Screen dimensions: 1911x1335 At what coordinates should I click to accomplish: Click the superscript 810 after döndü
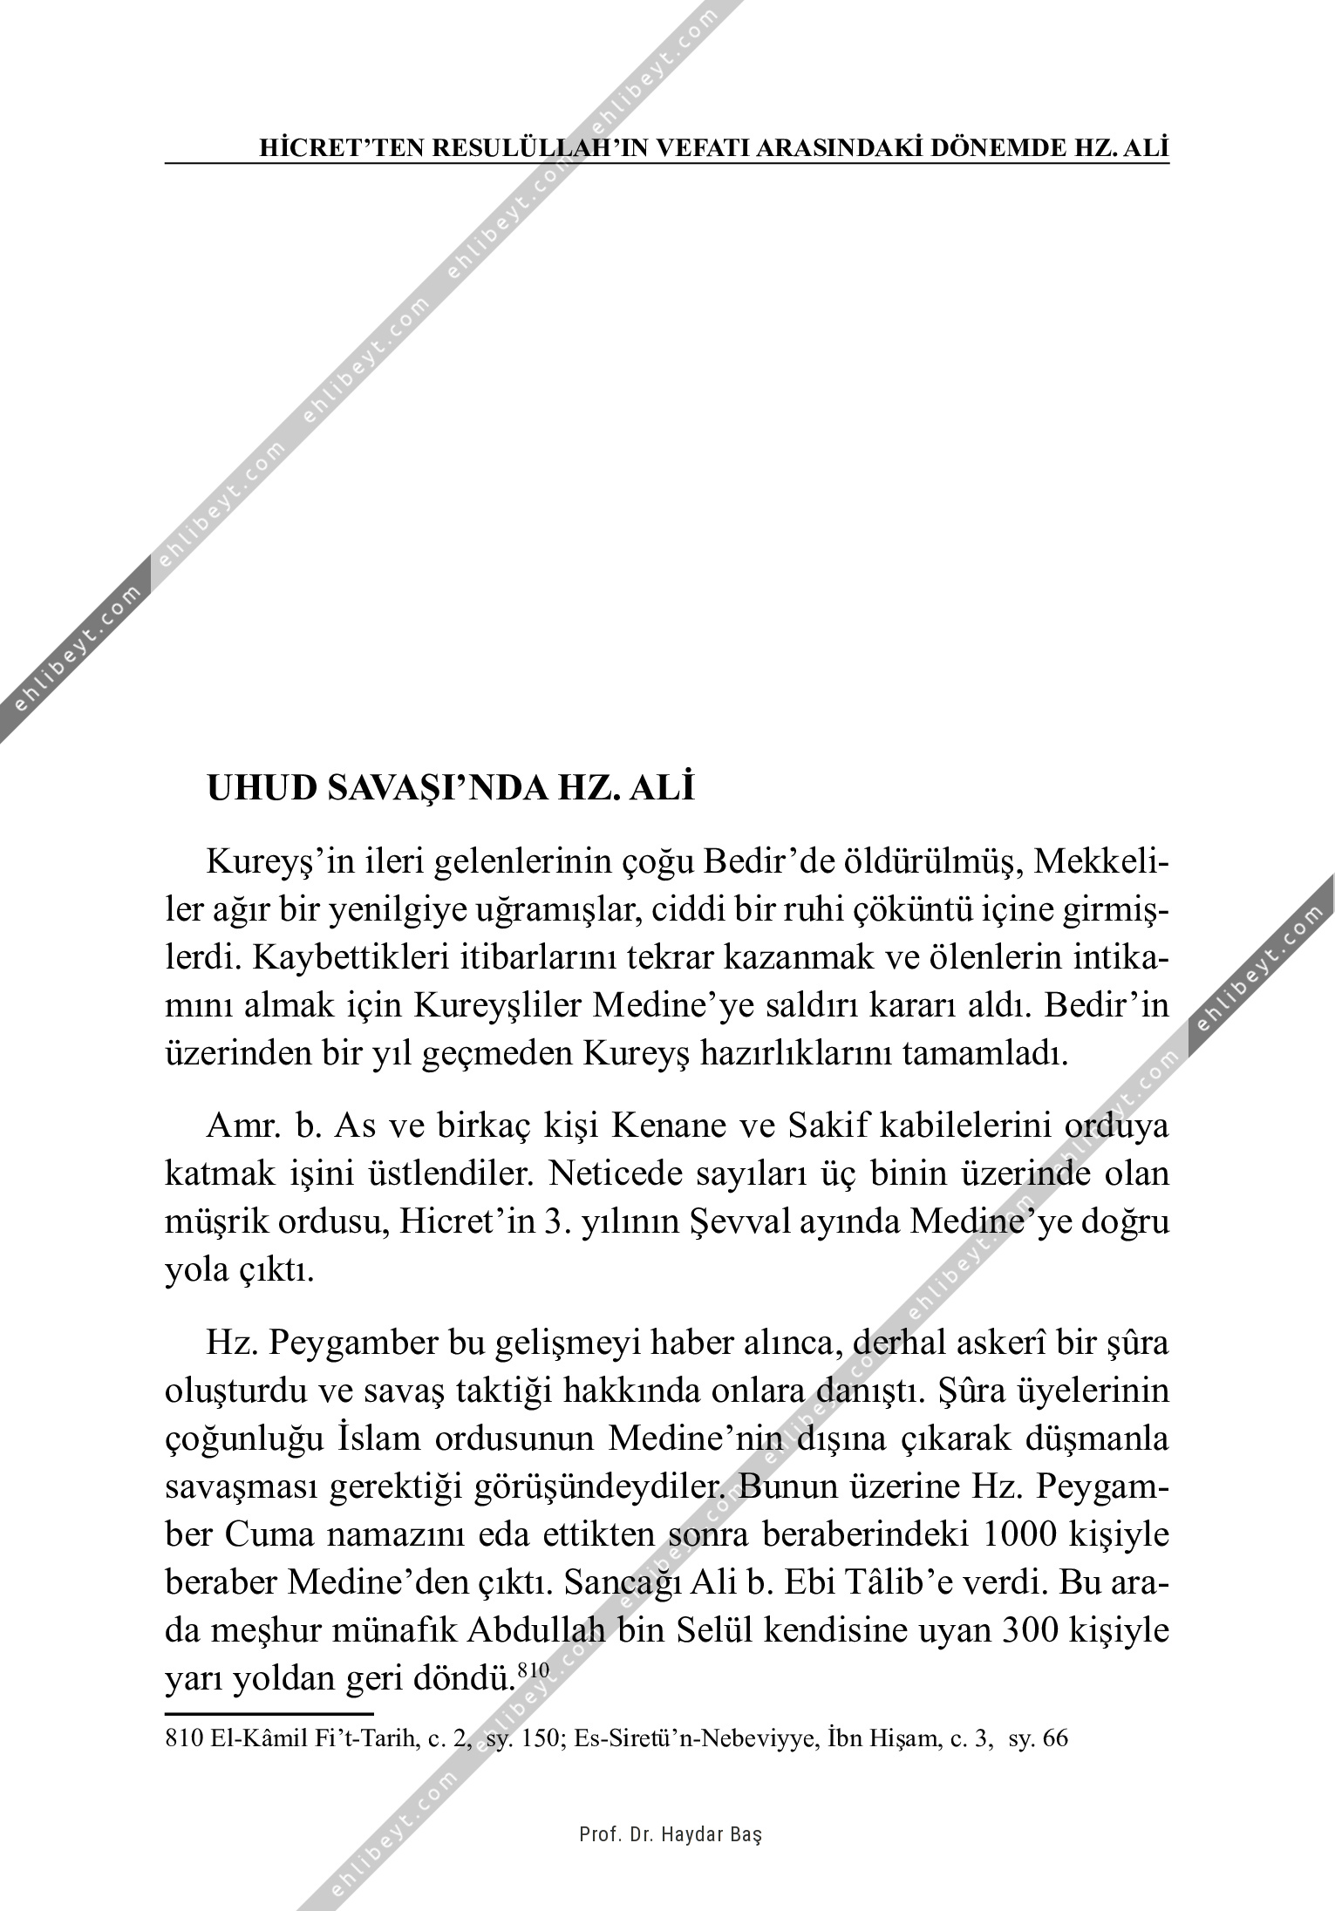click(532, 1670)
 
